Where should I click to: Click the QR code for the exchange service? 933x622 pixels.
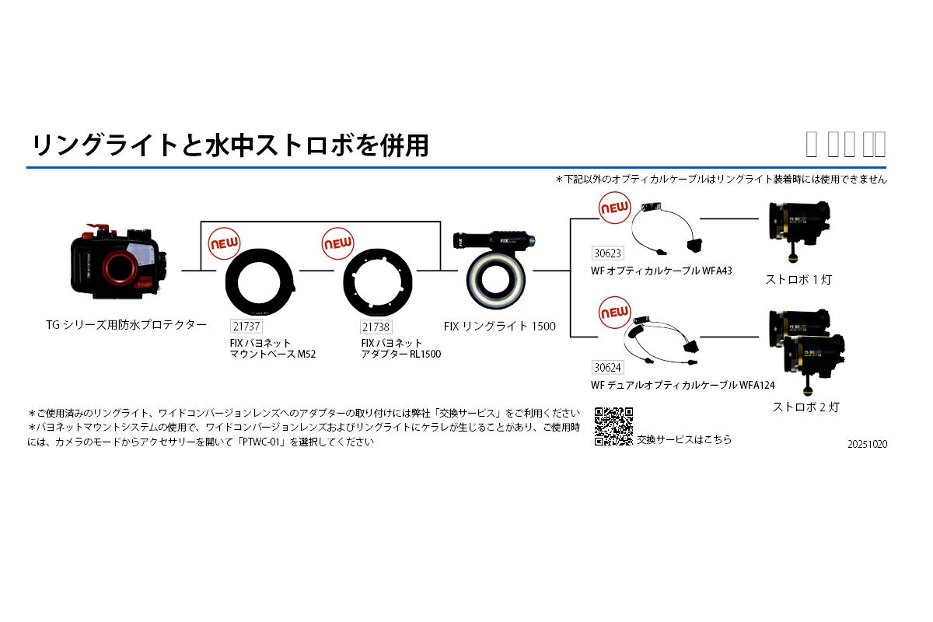pyautogui.click(x=613, y=426)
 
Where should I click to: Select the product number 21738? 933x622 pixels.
pyautogui.click(x=376, y=327)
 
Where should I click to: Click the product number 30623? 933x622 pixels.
pyautogui.click(x=607, y=253)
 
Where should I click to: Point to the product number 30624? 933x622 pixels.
pyautogui.click(x=607, y=367)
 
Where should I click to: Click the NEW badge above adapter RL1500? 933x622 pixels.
pyautogui.click(x=338, y=243)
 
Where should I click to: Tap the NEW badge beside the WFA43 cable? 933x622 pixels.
pyautogui.click(x=614, y=209)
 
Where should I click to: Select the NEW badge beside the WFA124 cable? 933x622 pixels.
pyautogui.click(x=614, y=313)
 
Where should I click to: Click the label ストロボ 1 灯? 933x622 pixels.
pyautogui.click(x=798, y=279)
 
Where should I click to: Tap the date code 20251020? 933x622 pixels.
pyautogui.click(x=868, y=445)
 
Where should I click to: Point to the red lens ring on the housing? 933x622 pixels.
pyautogui.click(x=119, y=270)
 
